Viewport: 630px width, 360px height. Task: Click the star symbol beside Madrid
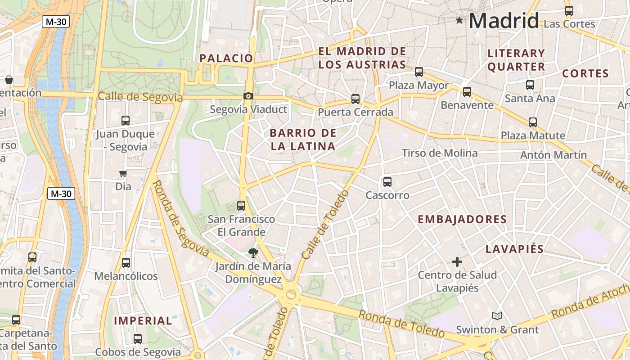pos(459,20)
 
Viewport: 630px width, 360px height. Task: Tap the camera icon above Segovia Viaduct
pos(248,96)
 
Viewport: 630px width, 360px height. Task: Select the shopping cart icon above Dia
pos(123,174)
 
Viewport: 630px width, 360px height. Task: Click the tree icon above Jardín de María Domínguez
pos(253,252)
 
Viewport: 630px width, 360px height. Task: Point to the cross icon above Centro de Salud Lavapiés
pos(457,261)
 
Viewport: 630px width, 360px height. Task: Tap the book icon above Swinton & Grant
pos(497,316)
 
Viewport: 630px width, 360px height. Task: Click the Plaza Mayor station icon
pos(419,72)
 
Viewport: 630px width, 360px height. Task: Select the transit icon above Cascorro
pos(387,182)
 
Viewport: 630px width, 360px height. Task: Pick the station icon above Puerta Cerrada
pos(355,99)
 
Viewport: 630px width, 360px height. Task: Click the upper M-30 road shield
pos(56,21)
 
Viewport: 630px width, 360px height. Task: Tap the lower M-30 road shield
pos(61,194)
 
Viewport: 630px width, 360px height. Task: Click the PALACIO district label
pos(226,58)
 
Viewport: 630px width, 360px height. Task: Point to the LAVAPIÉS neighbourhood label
pos(514,249)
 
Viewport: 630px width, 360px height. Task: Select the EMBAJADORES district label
pos(462,220)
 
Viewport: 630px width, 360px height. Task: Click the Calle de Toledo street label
pos(325,225)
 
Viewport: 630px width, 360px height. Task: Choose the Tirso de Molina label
pos(439,153)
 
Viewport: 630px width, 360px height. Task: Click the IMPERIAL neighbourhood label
pos(143,321)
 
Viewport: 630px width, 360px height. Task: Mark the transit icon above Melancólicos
pos(126,263)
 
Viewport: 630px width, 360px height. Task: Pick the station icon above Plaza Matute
pos(533,122)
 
